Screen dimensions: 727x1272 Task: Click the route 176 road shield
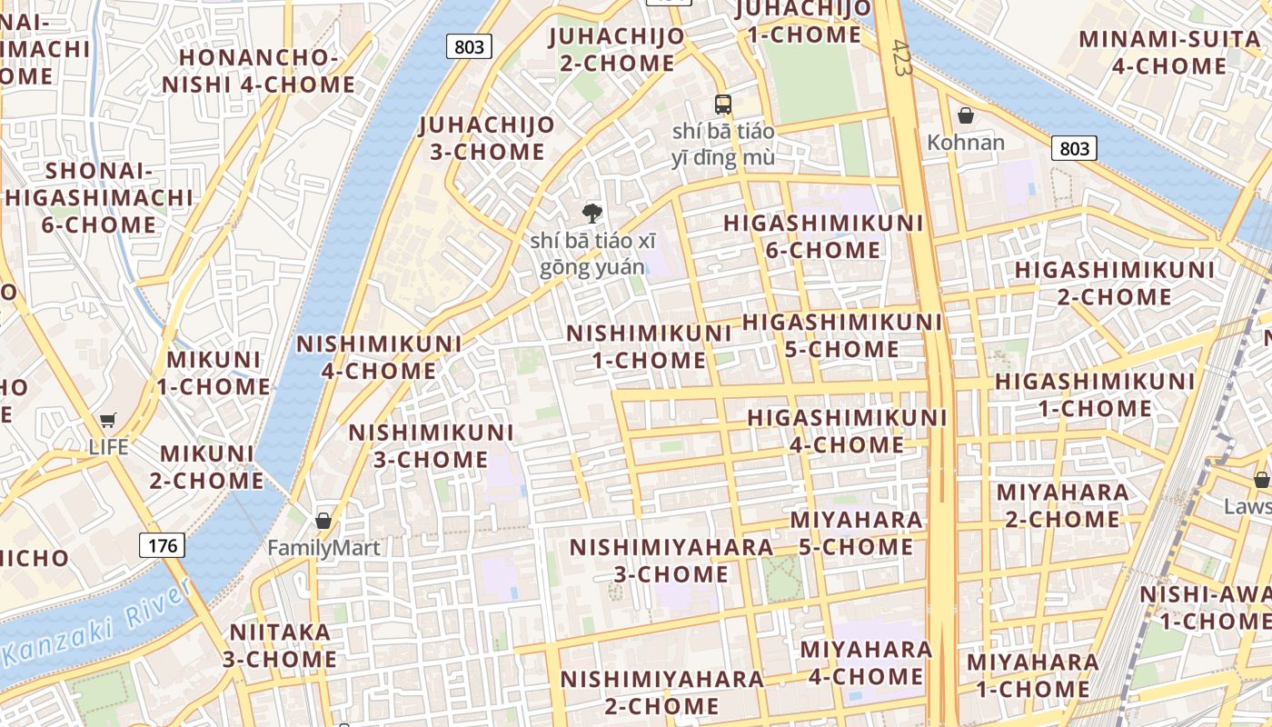163,545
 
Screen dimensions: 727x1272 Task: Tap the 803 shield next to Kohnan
1074,148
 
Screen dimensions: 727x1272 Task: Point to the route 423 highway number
901,57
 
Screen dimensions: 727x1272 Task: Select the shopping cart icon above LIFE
108,421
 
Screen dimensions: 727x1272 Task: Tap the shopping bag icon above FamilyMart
323,521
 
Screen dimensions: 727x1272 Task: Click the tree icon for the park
592,214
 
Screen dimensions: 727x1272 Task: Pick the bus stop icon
723,105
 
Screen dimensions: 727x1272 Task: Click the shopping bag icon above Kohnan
966,115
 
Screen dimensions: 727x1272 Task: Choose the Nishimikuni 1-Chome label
649,346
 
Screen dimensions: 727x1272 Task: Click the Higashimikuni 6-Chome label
823,236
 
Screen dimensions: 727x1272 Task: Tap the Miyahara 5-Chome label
856,533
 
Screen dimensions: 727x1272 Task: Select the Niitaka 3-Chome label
280,645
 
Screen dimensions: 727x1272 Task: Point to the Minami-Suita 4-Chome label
1169,53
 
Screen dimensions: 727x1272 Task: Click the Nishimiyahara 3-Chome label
671,561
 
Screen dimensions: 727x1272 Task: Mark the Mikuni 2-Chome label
206,466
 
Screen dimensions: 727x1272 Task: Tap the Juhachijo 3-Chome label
487,138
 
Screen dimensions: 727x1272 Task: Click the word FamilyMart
323,548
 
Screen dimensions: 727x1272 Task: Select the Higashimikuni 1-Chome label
1095,394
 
